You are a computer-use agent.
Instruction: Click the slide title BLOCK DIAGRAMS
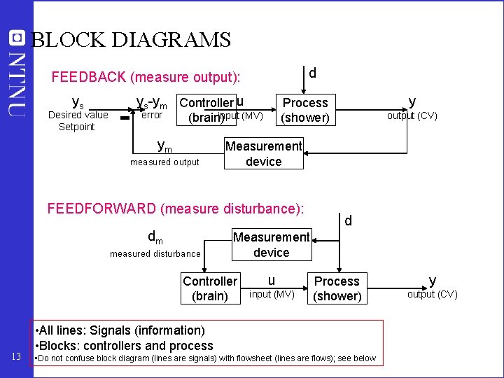pos(132,40)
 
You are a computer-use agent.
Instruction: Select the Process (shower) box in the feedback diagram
pos(304,110)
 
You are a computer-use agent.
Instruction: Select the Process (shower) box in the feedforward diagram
pos(337,288)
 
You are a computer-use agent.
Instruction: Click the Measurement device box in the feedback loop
pos(263,153)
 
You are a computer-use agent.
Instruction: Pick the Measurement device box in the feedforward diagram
pos(271,244)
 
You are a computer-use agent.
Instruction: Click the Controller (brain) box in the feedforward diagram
pos(209,288)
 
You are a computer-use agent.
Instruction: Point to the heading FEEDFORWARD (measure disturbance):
pos(175,208)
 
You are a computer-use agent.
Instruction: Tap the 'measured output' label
pos(164,162)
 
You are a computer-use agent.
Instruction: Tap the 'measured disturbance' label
pos(155,253)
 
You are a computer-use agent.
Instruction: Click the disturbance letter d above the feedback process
pos(312,72)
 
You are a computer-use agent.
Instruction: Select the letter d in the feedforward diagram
pos(347,221)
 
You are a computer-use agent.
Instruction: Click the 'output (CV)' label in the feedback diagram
pos(412,115)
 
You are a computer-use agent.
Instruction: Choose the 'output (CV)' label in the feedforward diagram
pos(432,294)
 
